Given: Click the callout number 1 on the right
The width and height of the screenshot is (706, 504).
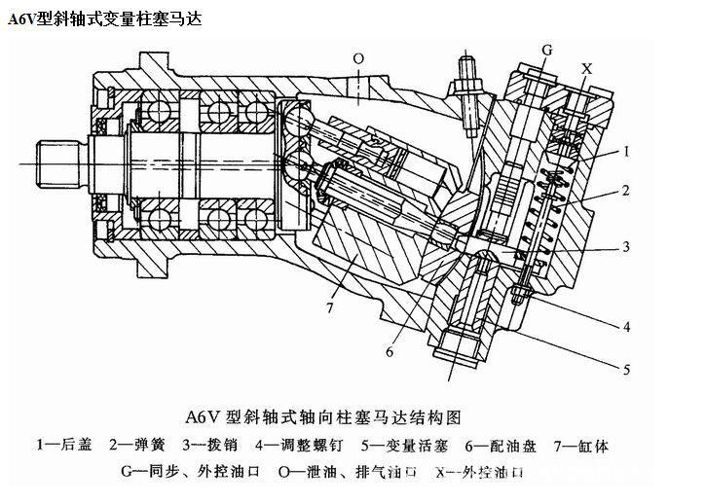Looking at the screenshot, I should point(628,152).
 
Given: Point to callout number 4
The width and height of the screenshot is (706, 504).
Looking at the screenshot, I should point(628,325).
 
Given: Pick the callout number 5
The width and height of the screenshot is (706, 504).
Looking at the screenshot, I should point(628,369).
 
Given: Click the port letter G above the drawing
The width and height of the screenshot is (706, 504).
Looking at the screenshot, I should point(546,49).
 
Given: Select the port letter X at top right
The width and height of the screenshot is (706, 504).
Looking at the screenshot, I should point(586,69).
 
